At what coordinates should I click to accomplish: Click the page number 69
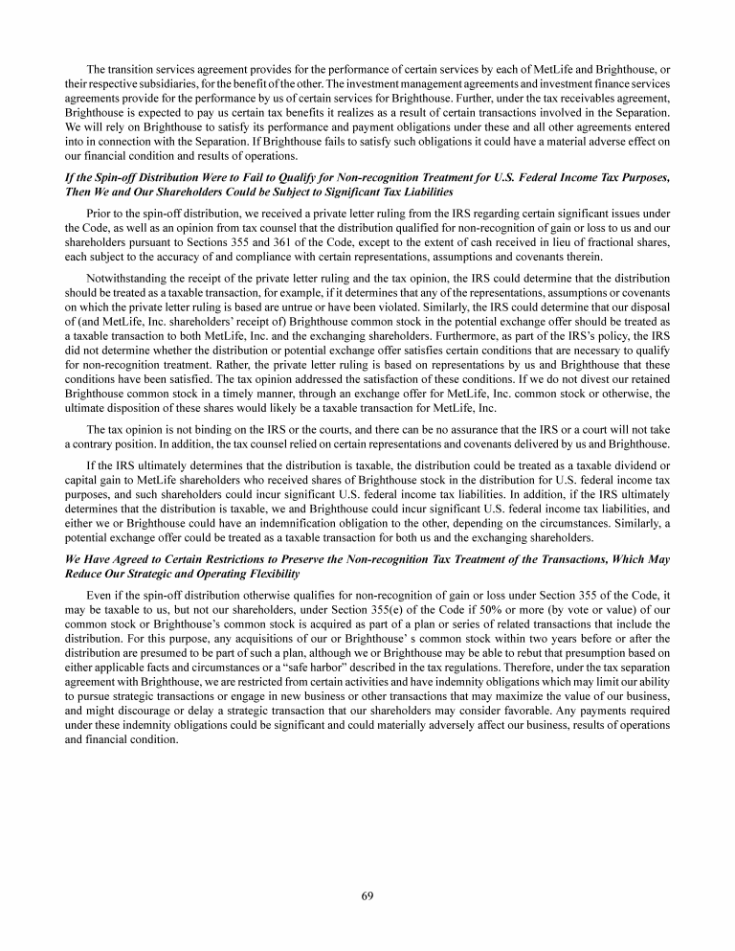tap(367, 895)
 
